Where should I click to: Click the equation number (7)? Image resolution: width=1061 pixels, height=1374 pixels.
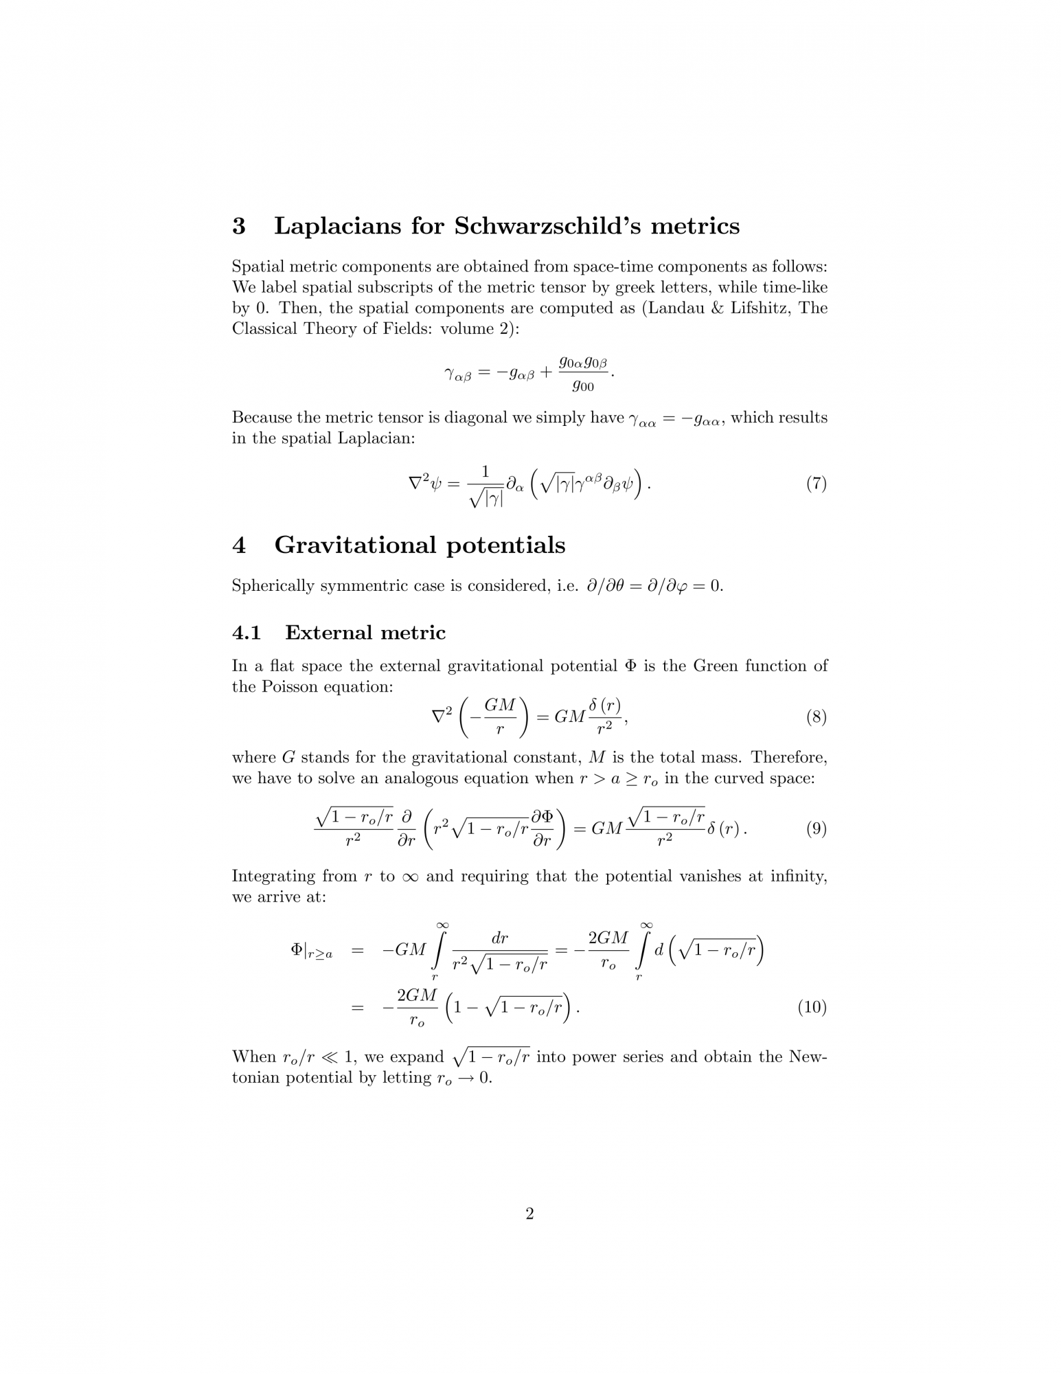click(816, 484)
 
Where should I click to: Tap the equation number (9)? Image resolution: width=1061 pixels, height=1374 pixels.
click(816, 829)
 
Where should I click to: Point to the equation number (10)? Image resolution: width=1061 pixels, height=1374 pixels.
click(812, 1007)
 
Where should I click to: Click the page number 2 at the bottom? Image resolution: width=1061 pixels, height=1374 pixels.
click(529, 1214)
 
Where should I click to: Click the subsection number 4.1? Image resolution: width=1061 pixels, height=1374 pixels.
click(247, 633)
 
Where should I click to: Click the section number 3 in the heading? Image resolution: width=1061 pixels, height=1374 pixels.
click(239, 226)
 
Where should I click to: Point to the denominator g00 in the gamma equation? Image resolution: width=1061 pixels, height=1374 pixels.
click(583, 386)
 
